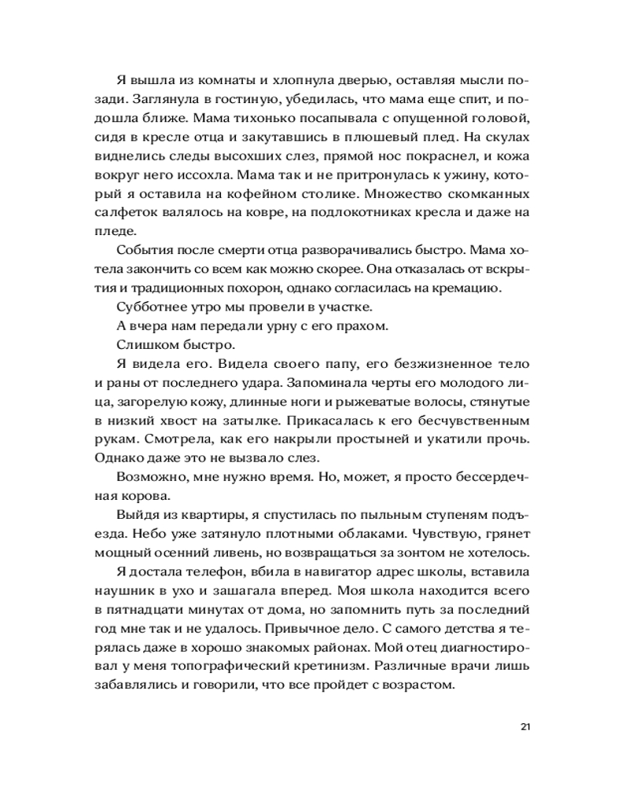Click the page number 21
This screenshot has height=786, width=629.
(526, 725)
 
